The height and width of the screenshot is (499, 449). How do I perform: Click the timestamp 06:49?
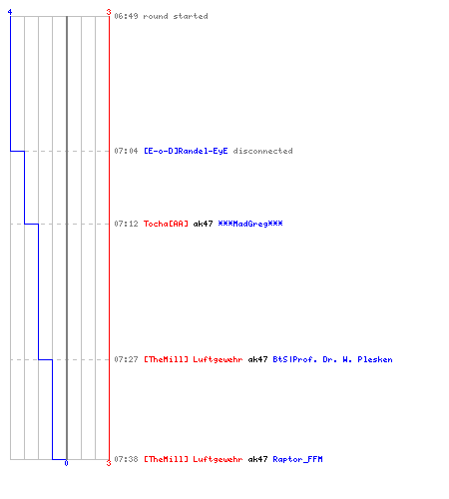[x=126, y=16]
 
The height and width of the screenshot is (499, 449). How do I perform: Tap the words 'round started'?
[x=176, y=16]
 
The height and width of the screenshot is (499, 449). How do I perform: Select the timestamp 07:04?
[x=126, y=151]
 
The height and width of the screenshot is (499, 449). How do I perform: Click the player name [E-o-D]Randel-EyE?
[x=186, y=151]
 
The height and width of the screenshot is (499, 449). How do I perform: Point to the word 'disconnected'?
[x=262, y=151]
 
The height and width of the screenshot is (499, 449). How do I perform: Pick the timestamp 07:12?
[x=126, y=224]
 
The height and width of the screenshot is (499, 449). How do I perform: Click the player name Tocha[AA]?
[x=166, y=224]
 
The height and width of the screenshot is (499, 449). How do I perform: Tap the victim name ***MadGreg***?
[x=250, y=224]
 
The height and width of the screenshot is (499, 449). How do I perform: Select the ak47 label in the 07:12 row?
[x=203, y=224]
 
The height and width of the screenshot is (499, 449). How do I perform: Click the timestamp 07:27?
[x=126, y=359]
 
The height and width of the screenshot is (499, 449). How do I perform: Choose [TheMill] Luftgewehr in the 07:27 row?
[x=194, y=359]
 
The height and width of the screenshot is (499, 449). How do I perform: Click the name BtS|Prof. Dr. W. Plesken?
[x=332, y=359]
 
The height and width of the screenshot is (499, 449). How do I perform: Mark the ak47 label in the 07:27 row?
[x=257, y=359]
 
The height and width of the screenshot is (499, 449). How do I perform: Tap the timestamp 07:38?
[x=126, y=459]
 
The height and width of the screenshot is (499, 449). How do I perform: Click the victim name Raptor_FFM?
[x=297, y=459]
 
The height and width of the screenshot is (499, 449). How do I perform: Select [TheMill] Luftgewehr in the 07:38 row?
[x=194, y=459]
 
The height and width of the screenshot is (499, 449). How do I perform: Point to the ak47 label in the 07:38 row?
[x=257, y=459]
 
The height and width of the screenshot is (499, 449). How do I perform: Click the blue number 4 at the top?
[x=10, y=12]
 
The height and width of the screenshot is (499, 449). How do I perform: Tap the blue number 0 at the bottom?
[x=66, y=463]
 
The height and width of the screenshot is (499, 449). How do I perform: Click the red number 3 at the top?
[x=109, y=12]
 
